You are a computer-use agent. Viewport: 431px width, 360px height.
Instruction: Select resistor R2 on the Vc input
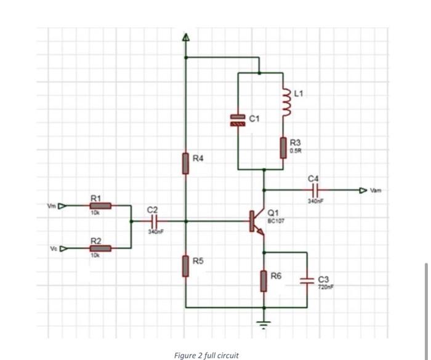100,248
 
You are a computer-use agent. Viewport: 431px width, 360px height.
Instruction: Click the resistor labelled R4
185,164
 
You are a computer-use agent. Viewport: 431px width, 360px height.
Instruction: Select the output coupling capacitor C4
315,190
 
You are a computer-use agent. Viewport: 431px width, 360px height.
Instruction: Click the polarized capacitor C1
238,120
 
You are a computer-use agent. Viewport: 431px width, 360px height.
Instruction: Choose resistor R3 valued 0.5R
284,147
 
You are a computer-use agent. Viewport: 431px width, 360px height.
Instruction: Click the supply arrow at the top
185,38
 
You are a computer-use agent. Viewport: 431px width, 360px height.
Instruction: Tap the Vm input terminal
61,206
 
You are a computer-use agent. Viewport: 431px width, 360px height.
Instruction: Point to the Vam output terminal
364,190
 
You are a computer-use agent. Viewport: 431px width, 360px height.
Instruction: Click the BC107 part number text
275,220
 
